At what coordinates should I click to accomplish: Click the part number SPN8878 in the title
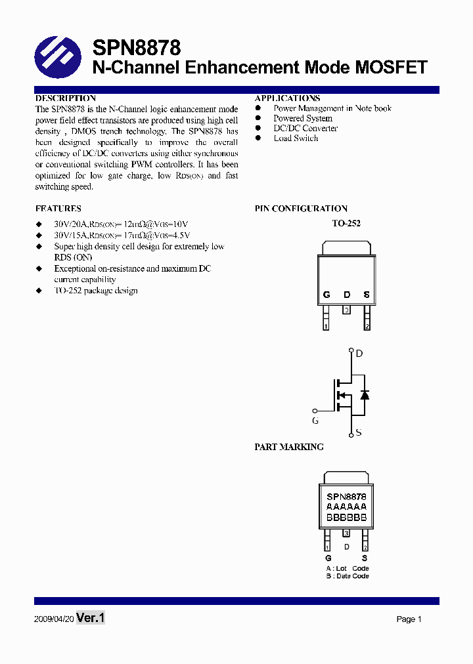tap(136, 48)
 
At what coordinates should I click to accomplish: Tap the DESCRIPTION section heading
tap(66, 98)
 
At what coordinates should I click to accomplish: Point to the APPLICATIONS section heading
tap(287, 98)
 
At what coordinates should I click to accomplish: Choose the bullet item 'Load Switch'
tap(296, 138)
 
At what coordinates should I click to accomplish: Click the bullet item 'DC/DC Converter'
tap(305, 129)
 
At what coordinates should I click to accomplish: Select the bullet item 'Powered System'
tap(303, 119)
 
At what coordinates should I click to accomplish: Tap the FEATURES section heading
tap(58, 209)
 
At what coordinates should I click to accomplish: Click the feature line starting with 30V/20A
tap(121, 224)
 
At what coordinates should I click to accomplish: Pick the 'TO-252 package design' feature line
tap(96, 291)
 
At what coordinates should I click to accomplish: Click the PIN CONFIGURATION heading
tap(301, 209)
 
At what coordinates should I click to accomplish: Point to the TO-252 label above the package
tap(346, 224)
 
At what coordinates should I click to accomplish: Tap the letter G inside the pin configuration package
tap(327, 295)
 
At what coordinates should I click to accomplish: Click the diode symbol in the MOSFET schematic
tap(365, 394)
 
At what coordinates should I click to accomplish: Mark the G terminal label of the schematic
tap(315, 421)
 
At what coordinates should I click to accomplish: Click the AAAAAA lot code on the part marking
tap(346, 507)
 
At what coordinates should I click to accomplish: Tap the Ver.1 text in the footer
tap(91, 618)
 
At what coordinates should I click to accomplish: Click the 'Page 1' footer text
tap(409, 619)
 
